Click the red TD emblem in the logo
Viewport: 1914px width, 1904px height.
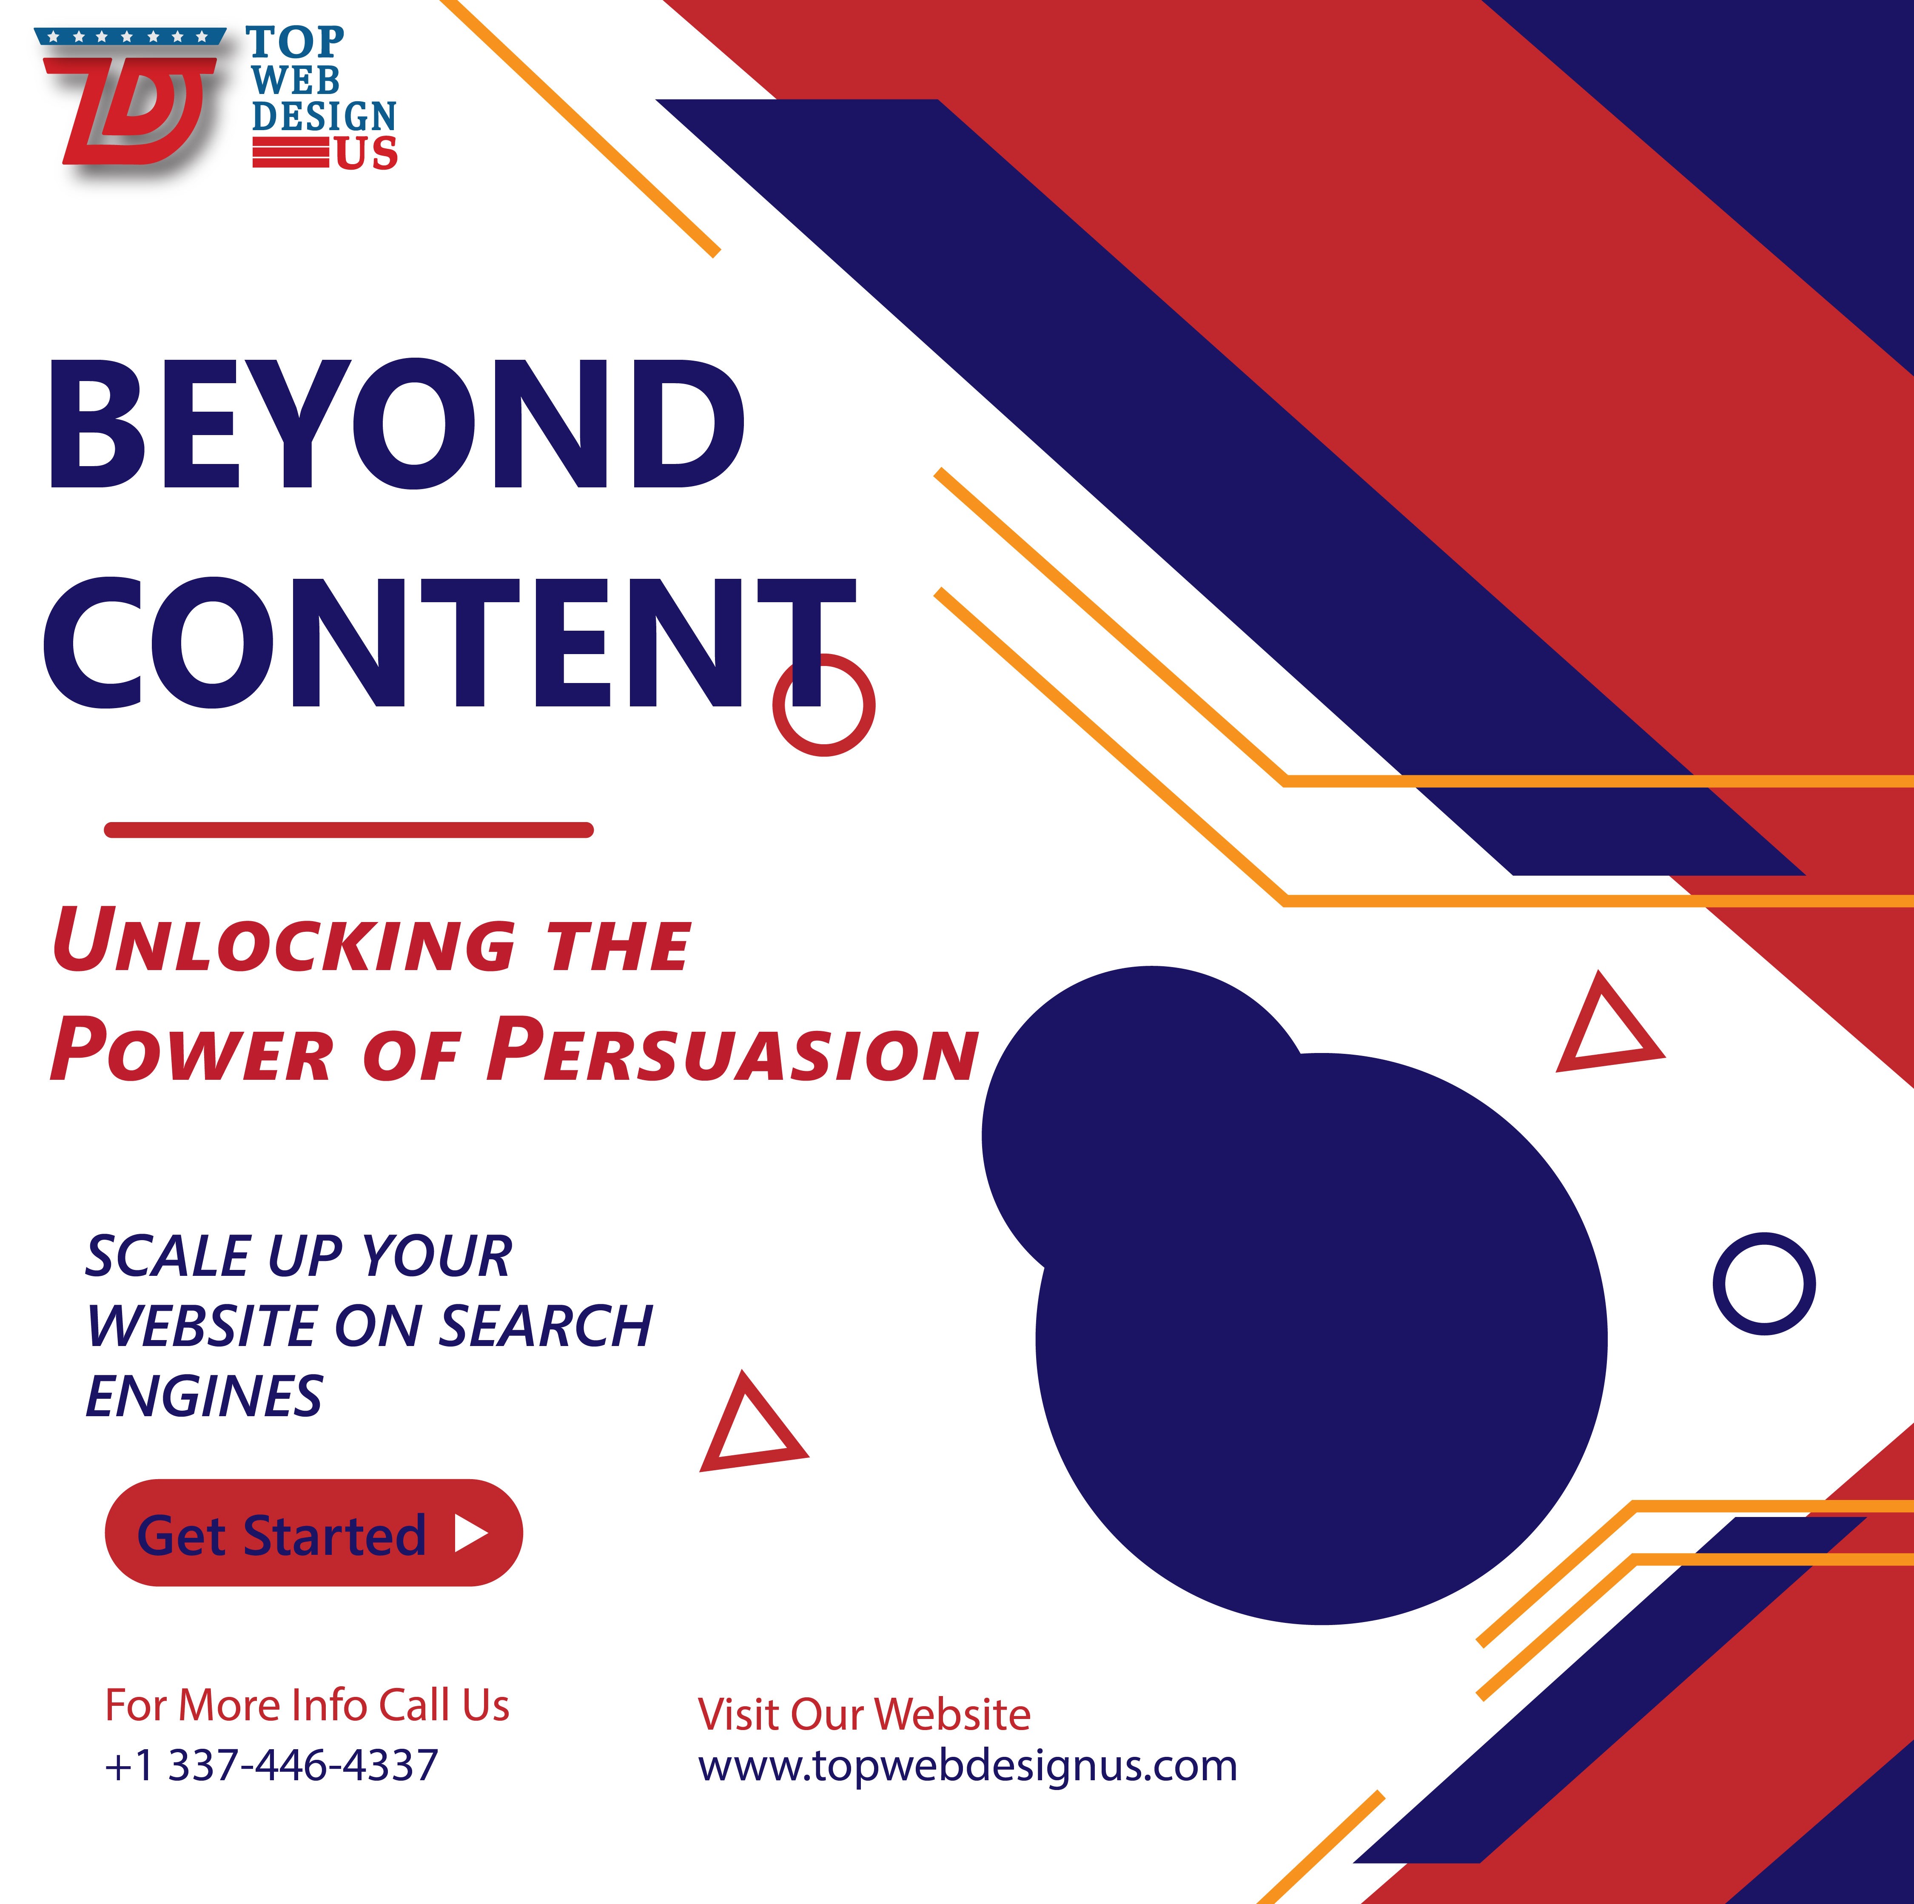click(139, 109)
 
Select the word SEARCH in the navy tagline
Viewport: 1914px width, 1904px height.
click(545, 1326)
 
